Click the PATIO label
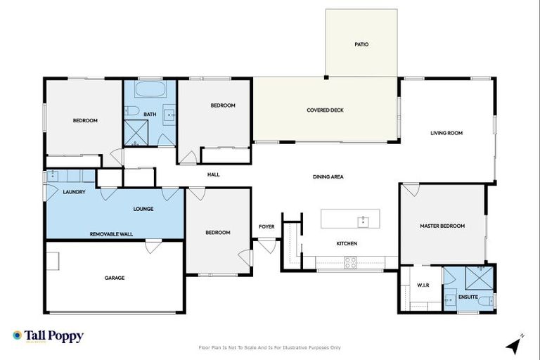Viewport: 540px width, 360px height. tap(361, 44)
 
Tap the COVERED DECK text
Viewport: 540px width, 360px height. tap(323, 110)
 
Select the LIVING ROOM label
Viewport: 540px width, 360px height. tap(446, 132)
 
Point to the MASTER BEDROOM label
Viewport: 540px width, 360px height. tap(442, 226)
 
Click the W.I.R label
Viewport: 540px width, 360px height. tap(423, 285)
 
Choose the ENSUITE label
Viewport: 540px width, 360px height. tap(468, 297)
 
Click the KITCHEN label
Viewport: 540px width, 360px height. tap(347, 243)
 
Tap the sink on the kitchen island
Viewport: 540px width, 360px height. tap(363, 221)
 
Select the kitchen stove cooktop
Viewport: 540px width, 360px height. tap(349, 263)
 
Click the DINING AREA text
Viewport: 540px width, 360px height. tap(328, 176)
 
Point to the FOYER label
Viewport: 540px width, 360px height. tap(266, 226)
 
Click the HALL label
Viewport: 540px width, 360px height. tap(214, 174)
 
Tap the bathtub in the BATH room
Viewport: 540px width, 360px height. tap(150, 90)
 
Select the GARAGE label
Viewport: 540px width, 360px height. tap(115, 278)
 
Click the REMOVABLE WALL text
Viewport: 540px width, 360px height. tap(111, 233)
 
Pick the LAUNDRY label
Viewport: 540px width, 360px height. tap(74, 192)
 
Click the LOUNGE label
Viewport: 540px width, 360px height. tap(143, 209)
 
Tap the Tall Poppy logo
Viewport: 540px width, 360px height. tap(48, 336)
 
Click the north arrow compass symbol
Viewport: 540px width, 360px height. tap(515, 344)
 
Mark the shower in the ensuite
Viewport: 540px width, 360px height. tap(482, 275)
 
